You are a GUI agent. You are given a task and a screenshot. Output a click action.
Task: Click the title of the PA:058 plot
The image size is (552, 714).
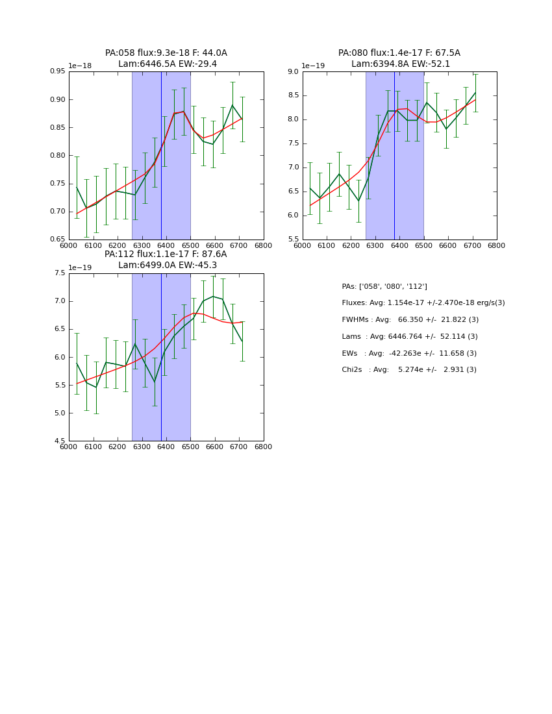(166, 58)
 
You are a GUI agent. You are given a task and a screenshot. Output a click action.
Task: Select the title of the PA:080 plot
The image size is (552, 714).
(399, 58)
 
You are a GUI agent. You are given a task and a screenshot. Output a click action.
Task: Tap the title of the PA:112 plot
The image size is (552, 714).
(166, 260)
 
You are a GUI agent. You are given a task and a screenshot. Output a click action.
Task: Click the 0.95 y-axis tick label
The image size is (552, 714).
(58, 71)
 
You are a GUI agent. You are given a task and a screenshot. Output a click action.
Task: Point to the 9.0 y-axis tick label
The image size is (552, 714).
(291, 71)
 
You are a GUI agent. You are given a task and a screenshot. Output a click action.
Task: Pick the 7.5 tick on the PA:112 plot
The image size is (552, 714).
(59, 273)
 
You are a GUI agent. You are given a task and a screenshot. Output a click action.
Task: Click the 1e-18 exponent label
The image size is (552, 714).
(80, 66)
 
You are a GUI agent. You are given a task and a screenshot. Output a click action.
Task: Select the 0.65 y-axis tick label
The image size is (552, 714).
(58, 240)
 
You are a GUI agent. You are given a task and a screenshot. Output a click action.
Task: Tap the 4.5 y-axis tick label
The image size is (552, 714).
(59, 441)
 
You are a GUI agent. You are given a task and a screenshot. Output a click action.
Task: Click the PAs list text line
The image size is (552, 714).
(384, 286)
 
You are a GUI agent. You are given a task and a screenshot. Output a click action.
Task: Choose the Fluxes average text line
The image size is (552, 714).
(423, 303)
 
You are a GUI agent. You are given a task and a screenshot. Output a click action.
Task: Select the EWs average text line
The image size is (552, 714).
(409, 353)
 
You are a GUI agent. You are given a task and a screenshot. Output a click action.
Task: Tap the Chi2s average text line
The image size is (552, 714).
(409, 370)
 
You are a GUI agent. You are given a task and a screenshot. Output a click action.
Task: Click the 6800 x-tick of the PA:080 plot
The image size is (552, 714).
(497, 246)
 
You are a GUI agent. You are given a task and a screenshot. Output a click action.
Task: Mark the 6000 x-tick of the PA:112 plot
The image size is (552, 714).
(69, 447)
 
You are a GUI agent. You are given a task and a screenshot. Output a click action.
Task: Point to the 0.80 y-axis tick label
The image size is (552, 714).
(58, 156)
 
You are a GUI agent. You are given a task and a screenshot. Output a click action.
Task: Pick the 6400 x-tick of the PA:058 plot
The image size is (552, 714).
(166, 246)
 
